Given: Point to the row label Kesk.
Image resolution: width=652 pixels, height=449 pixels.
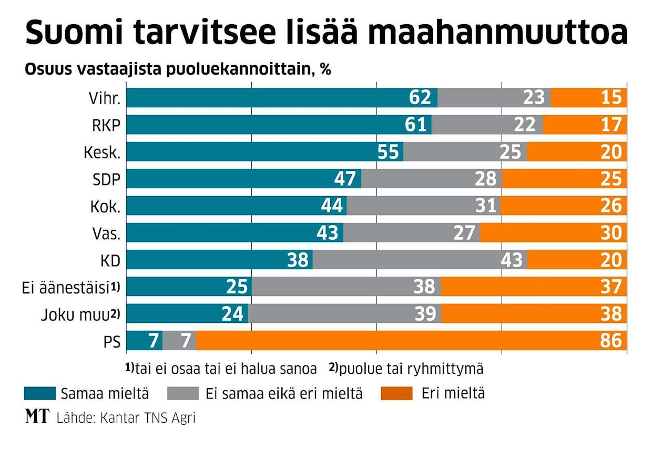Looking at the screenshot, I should coord(102,152).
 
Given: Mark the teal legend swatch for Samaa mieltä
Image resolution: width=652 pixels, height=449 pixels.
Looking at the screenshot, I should coord(40,393).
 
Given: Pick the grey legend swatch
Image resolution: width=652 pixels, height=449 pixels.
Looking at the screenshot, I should coord(182,393).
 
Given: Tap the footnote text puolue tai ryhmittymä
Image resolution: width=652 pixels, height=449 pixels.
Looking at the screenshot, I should coord(411,369).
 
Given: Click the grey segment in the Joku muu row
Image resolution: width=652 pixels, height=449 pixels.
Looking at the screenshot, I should coord(344,314).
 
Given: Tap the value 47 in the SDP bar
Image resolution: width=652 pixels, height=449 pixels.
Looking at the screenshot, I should coord(345,179).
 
